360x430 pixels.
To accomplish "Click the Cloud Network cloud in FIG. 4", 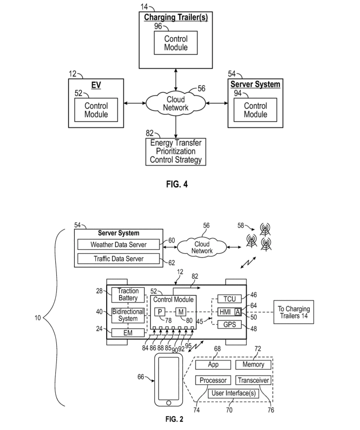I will coord(176,104).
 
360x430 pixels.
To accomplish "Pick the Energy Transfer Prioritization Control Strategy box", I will coord(175,151).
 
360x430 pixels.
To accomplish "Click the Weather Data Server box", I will coord(118,245).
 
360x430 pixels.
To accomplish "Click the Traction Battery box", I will coord(128,294).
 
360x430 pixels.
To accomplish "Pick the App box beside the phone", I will coord(213,365).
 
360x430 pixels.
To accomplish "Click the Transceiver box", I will coord(253,380).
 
